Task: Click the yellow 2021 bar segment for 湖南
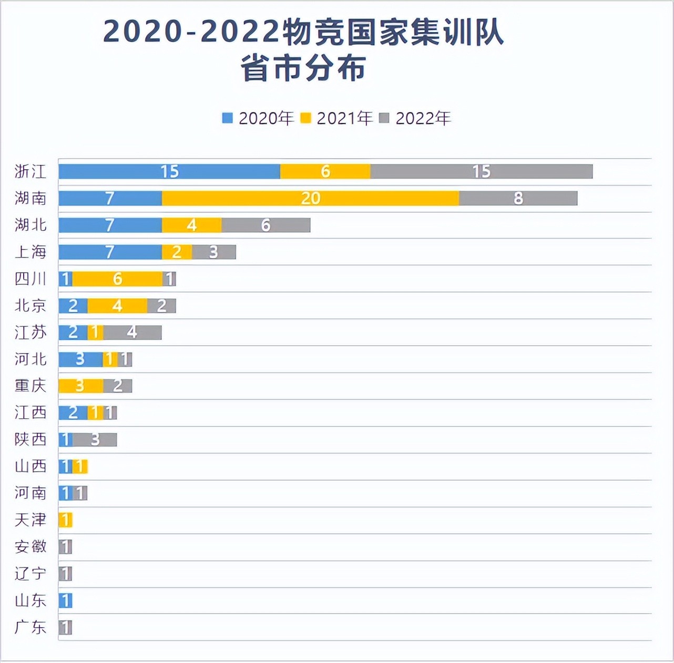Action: coord(310,198)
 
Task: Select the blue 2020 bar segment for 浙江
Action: coord(169,171)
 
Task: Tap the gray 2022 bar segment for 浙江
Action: coord(481,171)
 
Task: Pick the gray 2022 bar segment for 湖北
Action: coord(266,225)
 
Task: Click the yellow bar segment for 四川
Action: coord(117,278)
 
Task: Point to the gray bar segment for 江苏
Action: coord(132,332)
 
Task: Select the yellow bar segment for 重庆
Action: coord(80,386)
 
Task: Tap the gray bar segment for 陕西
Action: coord(95,439)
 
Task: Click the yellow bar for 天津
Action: coord(65,520)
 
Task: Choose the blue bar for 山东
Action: coord(65,600)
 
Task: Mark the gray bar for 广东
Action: coord(65,627)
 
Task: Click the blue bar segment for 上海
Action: coord(110,252)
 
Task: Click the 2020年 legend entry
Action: coord(258,118)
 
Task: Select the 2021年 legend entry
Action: coord(336,118)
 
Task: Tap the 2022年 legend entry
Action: coord(415,118)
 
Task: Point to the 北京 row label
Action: coord(30,305)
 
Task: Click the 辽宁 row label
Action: coord(30,574)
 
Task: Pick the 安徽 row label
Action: coord(30,547)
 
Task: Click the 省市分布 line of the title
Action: coord(303,69)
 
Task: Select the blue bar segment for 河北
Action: coord(80,359)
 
